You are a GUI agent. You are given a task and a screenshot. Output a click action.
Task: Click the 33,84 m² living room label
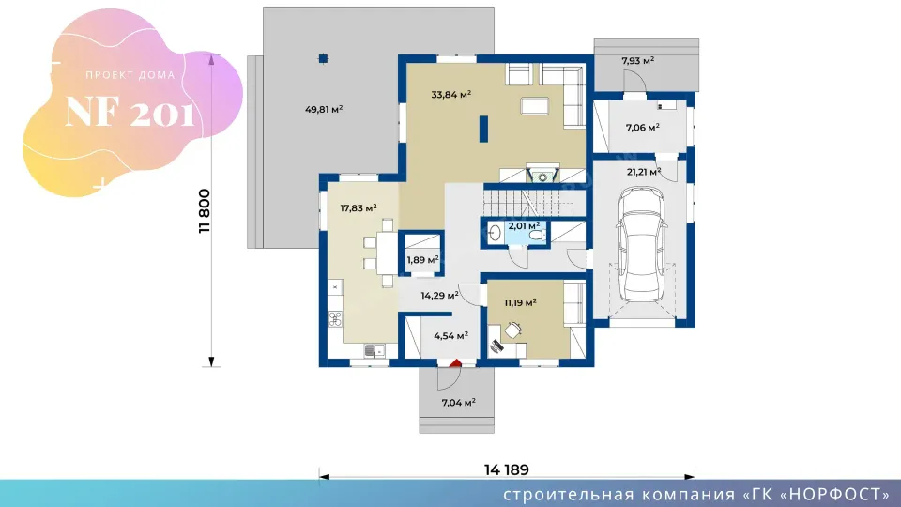(451, 94)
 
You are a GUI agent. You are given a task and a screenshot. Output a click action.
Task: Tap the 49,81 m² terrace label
(324, 109)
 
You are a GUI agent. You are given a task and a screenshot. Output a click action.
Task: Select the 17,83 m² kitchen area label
(359, 207)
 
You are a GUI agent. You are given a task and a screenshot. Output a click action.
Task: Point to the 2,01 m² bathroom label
(524, 226)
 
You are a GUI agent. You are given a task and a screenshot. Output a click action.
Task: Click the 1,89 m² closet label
(423, 260)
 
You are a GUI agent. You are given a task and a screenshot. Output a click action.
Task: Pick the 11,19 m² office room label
(521, 302)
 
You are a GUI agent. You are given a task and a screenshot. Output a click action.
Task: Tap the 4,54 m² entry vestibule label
(451, 336)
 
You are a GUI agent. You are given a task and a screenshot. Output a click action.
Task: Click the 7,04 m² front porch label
(459, 403)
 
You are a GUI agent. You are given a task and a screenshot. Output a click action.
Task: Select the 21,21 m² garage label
(644, 171)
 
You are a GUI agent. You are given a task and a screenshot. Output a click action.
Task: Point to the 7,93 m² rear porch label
(638, 60)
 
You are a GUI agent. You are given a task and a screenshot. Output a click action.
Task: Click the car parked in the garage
(642, 244)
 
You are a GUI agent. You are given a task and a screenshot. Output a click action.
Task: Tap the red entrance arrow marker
(456, 362)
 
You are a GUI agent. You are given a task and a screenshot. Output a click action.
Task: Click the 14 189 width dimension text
(506, 469)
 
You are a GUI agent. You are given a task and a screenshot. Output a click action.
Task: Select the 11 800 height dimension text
(205, 211)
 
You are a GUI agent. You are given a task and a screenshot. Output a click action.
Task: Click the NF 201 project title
(130, 112)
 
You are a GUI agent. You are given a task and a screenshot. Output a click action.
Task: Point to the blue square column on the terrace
(324, 58)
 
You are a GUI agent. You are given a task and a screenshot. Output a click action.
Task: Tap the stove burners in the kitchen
(335, 319)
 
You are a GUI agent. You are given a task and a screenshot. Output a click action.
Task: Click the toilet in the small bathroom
(537, 235)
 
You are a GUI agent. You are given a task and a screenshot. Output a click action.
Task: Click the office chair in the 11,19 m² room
(513, 330)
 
